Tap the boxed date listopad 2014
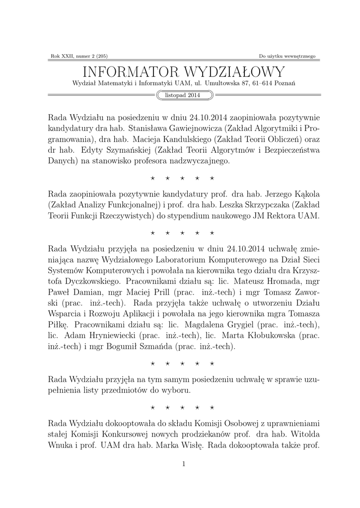pyautogui.click(x=180, y=95)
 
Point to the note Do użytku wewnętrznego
pyautogui.click(x=287, y=56)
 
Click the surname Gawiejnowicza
pyautogui.click(x=187, y=128)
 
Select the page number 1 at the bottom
pyautogui.click(x=184, y=464)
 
